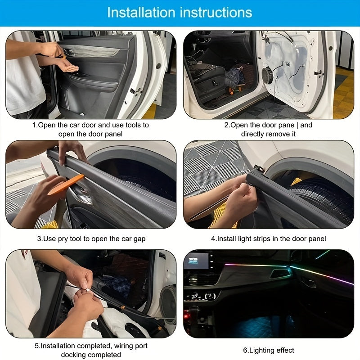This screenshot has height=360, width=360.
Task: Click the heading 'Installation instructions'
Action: point(180,13)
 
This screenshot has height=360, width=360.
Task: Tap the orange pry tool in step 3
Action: point(65,185)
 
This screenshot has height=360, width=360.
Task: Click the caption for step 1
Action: point(90,129)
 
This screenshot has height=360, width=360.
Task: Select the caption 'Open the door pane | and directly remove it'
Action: point(268,129)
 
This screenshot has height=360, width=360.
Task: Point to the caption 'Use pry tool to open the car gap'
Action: point(91,238)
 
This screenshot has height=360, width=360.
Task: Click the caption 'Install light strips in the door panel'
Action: point(268,238)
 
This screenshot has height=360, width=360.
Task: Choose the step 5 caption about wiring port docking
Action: point(91,350)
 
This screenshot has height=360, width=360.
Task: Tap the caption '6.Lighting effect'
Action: point(268,350)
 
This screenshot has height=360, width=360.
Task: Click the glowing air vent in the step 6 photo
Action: point(279,273)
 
